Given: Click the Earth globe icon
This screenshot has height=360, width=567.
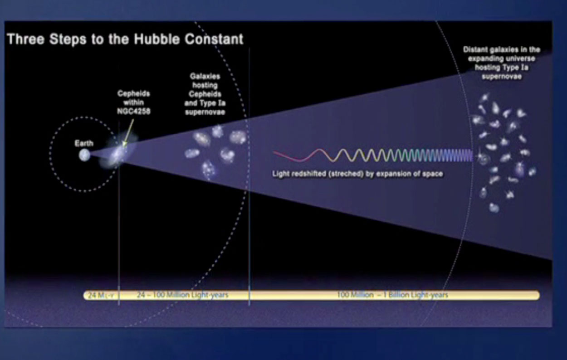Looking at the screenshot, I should (84, 155).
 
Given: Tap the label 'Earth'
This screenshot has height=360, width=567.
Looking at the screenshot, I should (84, 143).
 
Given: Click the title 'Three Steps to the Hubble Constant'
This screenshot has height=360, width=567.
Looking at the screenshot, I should (125, 39).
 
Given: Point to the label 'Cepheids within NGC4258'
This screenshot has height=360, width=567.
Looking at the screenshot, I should (134, 102).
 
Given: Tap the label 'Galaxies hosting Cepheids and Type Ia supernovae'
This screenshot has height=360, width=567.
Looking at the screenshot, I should (205, 94).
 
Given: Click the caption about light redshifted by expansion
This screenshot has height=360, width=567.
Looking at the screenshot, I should (357, 174).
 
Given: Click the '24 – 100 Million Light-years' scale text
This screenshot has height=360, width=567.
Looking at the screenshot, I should (182, 295).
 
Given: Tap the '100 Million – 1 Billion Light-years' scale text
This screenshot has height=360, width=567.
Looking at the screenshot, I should (392, 295).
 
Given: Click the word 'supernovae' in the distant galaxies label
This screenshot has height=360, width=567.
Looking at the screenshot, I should (501, 77).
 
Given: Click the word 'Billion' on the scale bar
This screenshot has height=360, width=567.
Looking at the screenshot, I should (398, 295).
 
